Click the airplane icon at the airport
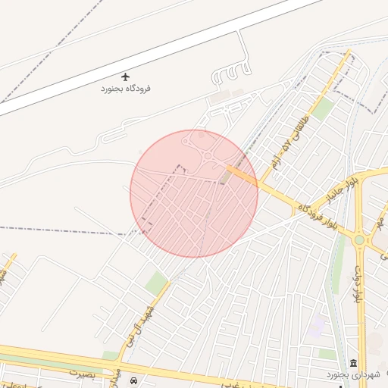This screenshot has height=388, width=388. coord(125,76)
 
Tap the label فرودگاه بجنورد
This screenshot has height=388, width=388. coord(126,89)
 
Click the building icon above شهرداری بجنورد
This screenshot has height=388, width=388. coord(354,363)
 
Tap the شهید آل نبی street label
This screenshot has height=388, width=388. coord(138,319)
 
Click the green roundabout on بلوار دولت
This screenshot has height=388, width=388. coord(359,241)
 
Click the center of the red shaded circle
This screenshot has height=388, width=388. coord(194,193)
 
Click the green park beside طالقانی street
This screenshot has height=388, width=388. coord(323,110)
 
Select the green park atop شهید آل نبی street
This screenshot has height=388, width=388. coord(156,283)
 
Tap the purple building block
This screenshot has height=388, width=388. coord(316,327)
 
